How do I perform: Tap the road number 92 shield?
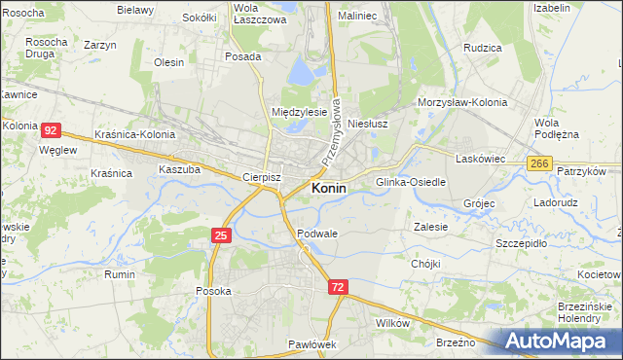click(x=53, y=129)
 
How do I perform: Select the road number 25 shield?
click(x=221, y=235)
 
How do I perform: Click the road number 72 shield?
click(x=338, y=287)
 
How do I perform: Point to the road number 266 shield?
click(x=540, y=164)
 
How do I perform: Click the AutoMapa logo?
click(x=562, y=341)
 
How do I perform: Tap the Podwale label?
click(x=317, y=234)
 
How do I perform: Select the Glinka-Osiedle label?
click(x=411, y=182)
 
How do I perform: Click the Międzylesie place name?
click(x=299, y=112)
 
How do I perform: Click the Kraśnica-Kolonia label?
click(x=135, y=133)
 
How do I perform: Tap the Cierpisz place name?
click(x=261, y=178)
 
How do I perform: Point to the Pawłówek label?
click(x=311, y=344)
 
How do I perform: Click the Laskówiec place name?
click(x=478, y=156)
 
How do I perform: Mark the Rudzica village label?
click(x=483, y=47)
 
